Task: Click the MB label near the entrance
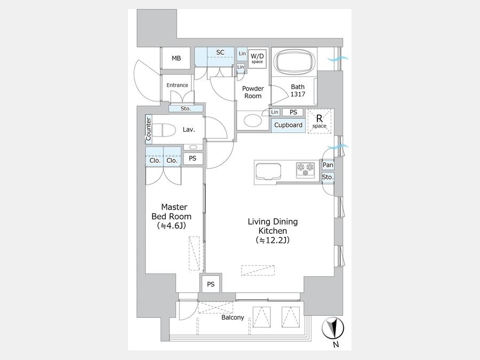click(x=177, y=58)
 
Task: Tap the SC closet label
click(x=220, y=52)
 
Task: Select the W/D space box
click(x=257, y=58)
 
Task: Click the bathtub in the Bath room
click(x=294, y=61)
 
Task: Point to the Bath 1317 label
click(x=298, y=91)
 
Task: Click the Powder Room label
click(x=253, y=92)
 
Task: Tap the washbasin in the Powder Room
click(x=253, y=120)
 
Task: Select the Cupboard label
click(x=289, y=125)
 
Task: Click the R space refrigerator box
click(x=319, y=121)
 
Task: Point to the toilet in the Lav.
click(x=164, y=130)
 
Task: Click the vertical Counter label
click(x=148, y=129)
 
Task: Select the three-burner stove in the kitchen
click(x=305, y=170)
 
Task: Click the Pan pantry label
click(x=328, y=165)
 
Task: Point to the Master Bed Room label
click(x=172, y=216)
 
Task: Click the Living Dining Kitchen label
click(x=273, y=230)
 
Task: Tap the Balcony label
click(x=233, y=317)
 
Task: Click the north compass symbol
click(x=333, y=329)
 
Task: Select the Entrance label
click(x=177, y=85)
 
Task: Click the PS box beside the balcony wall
click(x=211, y=284)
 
